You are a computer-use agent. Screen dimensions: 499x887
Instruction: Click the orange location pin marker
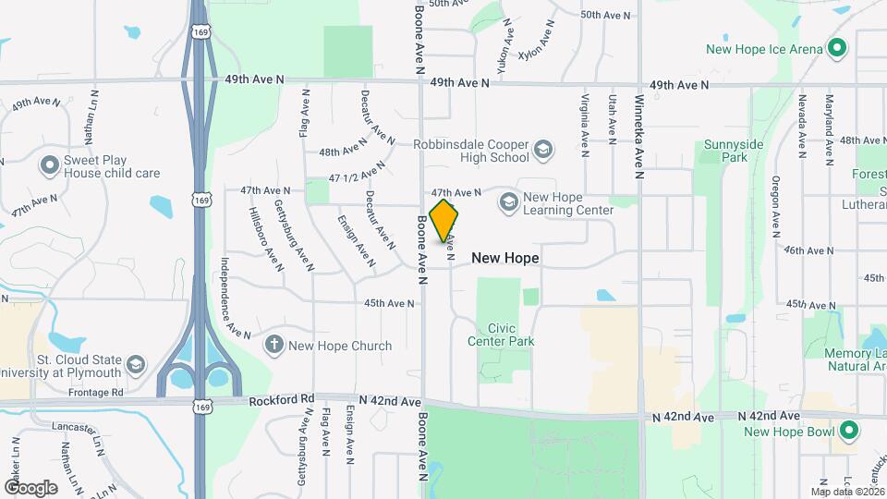coord(444,221)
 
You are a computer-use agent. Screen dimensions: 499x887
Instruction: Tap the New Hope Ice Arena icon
coord(837,48)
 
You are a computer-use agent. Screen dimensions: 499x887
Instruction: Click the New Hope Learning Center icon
coord(508,201)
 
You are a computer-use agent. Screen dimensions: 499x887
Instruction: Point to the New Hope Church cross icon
coord(273,346)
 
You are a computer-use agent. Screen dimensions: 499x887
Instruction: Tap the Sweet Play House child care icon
coord(49,165)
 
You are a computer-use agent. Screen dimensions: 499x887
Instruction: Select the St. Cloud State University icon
coord(136,365)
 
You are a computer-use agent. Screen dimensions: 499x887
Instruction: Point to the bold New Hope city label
coord(505,258)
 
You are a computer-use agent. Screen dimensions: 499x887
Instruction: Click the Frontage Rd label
coord(98,393)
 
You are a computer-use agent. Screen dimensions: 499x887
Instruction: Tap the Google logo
coord(30,487)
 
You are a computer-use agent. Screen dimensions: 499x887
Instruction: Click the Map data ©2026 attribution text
coord(846,492)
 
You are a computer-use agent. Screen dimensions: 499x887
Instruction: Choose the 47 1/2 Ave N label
coord(357,172)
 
